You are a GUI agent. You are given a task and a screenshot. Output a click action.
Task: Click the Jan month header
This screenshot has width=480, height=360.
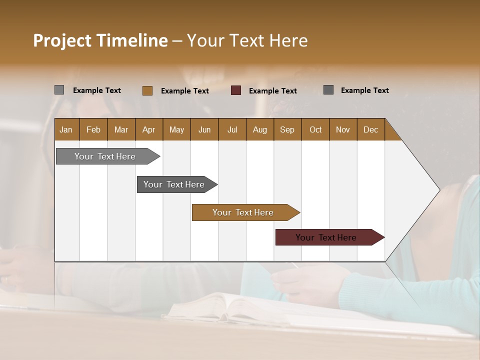[66, 129]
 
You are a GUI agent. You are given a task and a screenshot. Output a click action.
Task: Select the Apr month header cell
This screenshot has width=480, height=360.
[149, 129]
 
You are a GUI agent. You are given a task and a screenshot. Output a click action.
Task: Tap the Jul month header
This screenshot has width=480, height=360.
[232, 129]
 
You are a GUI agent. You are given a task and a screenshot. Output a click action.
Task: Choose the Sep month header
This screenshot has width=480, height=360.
[287, 129]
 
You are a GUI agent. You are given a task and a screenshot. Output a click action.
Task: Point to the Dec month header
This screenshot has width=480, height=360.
[370, 129]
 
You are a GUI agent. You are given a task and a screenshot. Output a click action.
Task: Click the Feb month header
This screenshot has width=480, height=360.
[93, 129]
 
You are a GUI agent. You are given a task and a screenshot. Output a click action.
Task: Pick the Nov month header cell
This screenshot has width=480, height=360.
[343, 129]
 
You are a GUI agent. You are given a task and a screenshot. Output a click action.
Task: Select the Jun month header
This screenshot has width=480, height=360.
[204, 129]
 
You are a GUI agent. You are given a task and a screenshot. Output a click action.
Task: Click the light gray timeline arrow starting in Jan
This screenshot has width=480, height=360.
[105, 156]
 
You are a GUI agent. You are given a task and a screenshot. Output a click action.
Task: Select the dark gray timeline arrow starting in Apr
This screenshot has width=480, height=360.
[174, 184]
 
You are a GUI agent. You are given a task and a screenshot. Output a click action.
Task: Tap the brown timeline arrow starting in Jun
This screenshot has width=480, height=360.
[243, 212]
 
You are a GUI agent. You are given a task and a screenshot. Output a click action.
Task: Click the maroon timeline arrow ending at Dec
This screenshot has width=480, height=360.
[326, 237]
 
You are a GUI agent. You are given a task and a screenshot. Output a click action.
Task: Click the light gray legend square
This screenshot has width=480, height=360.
[59, 90]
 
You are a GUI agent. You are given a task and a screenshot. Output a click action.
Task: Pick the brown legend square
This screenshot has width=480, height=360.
[147, 90]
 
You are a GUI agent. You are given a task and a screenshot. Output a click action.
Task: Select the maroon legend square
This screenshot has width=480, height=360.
[236, 90]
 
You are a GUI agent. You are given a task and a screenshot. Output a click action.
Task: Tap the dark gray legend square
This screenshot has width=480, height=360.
[328, 90]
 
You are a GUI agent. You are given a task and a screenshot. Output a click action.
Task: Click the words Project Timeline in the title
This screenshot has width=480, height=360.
[100, 40]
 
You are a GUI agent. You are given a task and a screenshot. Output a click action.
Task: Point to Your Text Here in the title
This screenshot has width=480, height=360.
[247, 40]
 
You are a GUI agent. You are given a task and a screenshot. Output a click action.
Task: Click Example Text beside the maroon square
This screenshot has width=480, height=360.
[272, 91]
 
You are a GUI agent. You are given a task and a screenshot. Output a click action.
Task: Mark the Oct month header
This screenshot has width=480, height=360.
[315, 129]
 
